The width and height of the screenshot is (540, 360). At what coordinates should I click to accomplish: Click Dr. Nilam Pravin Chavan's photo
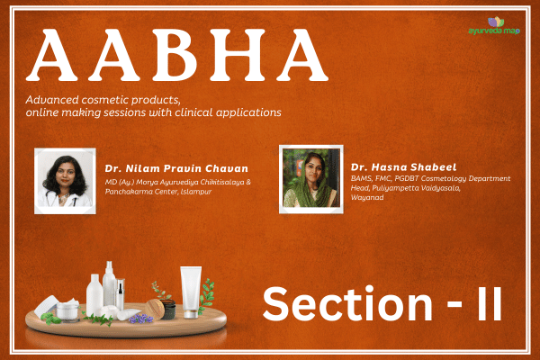64,181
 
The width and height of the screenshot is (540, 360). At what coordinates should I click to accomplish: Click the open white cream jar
67,310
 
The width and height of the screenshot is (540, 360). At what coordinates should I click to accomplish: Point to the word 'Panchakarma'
131,192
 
